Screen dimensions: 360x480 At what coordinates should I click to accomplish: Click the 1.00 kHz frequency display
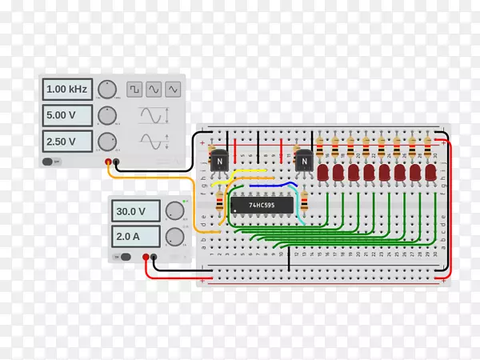(69, 89)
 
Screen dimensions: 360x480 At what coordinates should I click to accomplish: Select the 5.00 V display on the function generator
(69, 116)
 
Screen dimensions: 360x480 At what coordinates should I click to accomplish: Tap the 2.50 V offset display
(69, 142)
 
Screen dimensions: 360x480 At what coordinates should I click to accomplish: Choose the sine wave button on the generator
(153, 89)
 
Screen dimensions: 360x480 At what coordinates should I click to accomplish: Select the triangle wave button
(172, 89)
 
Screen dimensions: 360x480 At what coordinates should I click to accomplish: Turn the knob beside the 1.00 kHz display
(106, 89)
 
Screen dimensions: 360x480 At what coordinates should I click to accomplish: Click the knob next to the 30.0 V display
(174, 212)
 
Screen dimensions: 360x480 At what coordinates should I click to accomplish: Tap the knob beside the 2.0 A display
(174, 237)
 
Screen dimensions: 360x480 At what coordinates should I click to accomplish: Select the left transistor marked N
(218, 161)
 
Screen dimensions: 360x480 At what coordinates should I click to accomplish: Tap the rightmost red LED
(430, 172)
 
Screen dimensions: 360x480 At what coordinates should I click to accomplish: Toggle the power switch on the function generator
(49, 161)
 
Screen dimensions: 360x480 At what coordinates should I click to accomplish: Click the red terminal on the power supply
(145, 257)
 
